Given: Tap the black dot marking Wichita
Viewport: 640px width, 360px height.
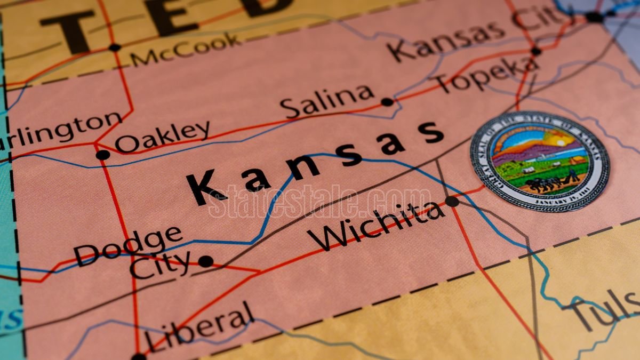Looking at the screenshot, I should pos(452,201).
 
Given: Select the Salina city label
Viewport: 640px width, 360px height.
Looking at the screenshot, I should pos(328,101).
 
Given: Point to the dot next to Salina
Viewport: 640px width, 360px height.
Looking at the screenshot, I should pos(387,102).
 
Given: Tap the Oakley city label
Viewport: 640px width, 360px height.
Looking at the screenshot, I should pos(163,137).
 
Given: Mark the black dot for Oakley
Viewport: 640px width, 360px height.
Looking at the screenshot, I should pos(102,155).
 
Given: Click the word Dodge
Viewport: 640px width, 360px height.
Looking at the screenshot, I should pos(128,245).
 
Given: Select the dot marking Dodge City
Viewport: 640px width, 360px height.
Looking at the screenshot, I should pos(205,261).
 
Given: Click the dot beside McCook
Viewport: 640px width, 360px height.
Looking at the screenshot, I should pos(114,47).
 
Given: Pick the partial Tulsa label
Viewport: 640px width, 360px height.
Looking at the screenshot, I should pos(608,312).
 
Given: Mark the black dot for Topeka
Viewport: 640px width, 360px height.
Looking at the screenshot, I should pos(536,51).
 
